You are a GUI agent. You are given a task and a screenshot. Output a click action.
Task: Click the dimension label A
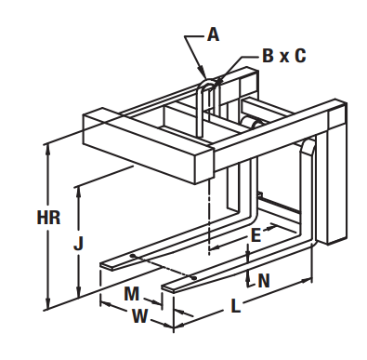coord(213,34)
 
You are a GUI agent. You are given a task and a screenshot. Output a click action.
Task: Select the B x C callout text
coord(284,56)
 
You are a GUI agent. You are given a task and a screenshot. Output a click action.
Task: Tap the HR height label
coord(48,218)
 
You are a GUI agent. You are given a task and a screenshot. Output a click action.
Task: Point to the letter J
coord(79,243)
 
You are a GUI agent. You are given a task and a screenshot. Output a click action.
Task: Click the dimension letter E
coord(256,235)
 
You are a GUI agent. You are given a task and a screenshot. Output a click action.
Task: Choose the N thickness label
coord(264,281)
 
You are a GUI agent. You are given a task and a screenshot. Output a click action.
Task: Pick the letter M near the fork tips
coord(131,293)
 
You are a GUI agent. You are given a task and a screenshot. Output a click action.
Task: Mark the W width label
coord(139,316)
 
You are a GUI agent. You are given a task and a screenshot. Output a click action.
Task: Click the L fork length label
coord(236,306)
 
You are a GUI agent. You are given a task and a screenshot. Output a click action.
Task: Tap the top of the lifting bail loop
coord(207,79)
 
